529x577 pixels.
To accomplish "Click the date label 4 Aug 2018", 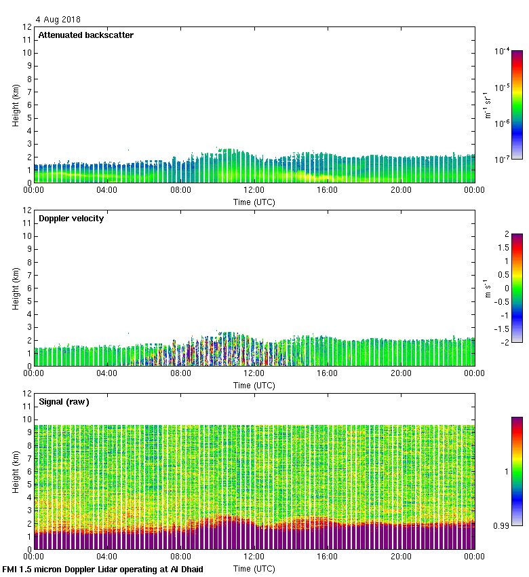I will [58, 20].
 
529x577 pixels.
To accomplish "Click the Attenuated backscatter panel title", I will [85, 35].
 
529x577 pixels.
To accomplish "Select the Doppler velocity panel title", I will [71, 219].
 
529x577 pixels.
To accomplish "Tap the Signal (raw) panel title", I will [64, 402].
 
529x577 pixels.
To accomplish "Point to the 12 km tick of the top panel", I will [28, 27].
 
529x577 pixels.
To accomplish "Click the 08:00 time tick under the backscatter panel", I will [180, 190].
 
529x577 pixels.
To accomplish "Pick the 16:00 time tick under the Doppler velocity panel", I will [327, 373].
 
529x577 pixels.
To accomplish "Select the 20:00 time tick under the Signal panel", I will [400, 556].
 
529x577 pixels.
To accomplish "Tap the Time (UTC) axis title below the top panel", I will [254, 202].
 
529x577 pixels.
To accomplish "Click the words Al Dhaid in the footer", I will [183, 569].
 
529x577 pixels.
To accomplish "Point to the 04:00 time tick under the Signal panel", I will [107, 556].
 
